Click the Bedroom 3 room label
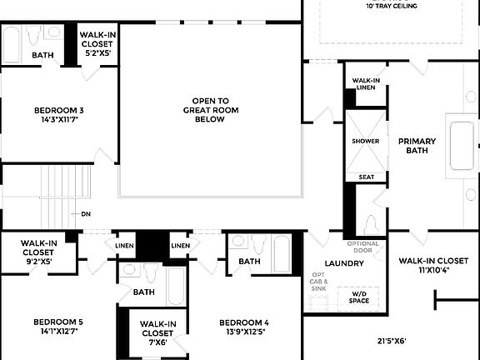pyautogui.click(x=58, y=115)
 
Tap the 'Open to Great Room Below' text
pyautogui.click(x=210, y=110)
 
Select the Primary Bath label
pyautogui.click(x=417, y=146)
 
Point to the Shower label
pyautogui.click(x=365, y=141)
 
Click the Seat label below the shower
pyautogui.click(x=366, y=177)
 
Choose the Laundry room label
pyautogui.click(x=344, y=263)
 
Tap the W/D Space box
pyautogui.click(x=359, y=297)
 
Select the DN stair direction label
pyautogui.click(x=86, y=214)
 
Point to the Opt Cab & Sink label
pyautogui.click(x=320, y=282)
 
